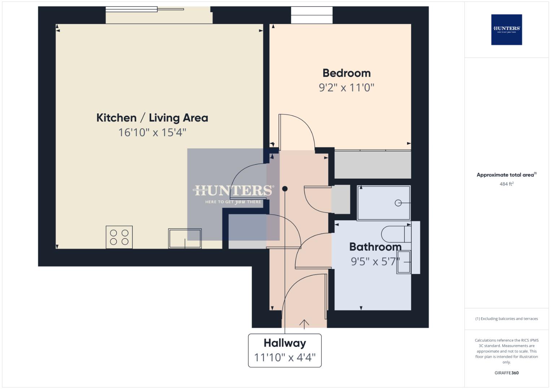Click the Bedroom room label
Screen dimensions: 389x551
click(x=346, y=73)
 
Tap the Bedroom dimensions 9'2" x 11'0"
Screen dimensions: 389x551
click(x=346, y=88)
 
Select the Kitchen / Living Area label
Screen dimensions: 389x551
click(x=152, y=118)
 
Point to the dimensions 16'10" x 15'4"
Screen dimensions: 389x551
click(x=152, y=132)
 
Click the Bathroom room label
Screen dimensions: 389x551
click(x=375, y=247)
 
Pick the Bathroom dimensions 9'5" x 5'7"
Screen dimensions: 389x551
click(x=375, y=261)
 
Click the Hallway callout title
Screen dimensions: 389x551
click(x=285, y=343)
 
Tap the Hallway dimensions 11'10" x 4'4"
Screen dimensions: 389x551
click(x=285, y=357)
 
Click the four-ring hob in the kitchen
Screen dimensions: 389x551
click(x=119, y=237)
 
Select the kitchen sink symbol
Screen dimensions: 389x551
click(x=185, y=238)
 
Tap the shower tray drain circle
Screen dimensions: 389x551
click(x=398, y=203)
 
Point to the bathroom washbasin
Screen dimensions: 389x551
click(x=404, y=262)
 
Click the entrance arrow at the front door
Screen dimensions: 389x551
click(x=304, y=324)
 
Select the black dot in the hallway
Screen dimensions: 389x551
click(x=285, y=189)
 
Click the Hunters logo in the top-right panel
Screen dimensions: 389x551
click(x=506, y=30)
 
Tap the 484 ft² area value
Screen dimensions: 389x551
click(x=506, y=184)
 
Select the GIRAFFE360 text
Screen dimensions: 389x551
click(x=506, y=373)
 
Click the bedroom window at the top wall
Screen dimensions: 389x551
click(x=312, y=15)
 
